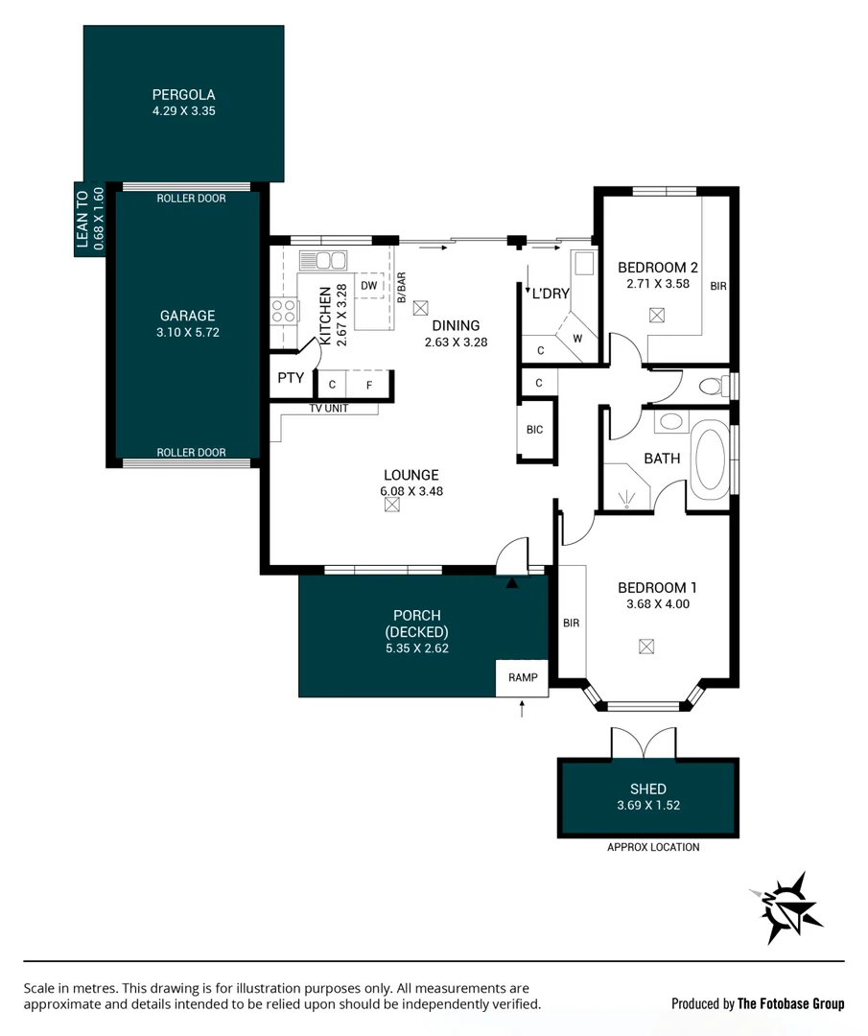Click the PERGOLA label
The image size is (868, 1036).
pyautogui.click(x=183, y=95)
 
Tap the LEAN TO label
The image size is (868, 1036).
pyautogui.click(x=82, y=220)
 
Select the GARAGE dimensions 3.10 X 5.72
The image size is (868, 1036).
pyautogui.click(x=186, y=333)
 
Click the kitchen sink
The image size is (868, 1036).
pyautogui.click(x=322, y=261)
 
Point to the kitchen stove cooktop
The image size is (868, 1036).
pyautogui.click(x=284, y=310)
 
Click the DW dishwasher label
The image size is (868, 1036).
pyautogui.click(x=369, y=285)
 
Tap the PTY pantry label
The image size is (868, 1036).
pyautogui.click(x=291, y=378)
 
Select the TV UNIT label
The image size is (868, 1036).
pyautogui.click(x=328, y=409)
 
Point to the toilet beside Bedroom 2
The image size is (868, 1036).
pyautogui.click(x=713, y=387)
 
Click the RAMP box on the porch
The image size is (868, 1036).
pyautogui.click(x=523, y=677)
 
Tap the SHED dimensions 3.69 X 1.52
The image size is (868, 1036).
pyautogui.click(x=648, y=806)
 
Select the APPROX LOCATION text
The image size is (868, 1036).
pyautogui.click(x=653, y=847)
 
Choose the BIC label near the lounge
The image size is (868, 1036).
pyautogui.click(x=534, y=430)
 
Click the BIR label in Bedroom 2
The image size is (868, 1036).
pyautogui.click(x=718, y=286)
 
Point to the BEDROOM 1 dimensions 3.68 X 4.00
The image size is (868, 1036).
pyautogui.click(x=657, y=604)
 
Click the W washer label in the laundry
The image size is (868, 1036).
pyautogui.click(x=577, y=338)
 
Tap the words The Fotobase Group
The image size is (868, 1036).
pyautogui.click(x=790, y=1003)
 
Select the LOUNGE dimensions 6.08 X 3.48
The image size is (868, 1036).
pyautogui.click(x=411, y=491)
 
